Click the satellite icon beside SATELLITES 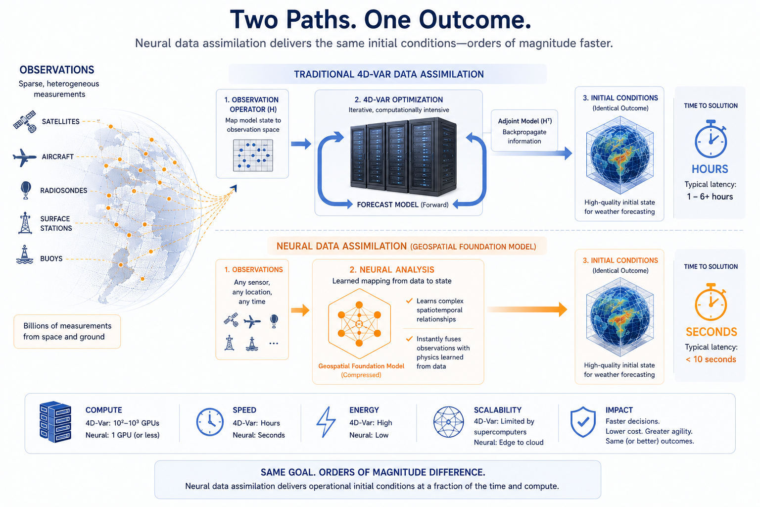point(24,121)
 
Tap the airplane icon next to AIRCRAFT point(24,157)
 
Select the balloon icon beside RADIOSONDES point(26,190)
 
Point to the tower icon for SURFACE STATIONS point(25,223)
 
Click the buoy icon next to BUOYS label point(25,254)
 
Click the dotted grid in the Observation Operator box point(253,155)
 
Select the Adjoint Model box point(524,131)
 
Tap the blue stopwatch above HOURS point(711,139)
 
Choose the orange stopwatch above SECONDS point(711,302)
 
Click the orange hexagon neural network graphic point(359,324)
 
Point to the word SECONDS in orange point(711,332)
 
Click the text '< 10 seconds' point(711,359)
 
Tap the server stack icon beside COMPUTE point(55,422)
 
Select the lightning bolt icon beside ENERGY point(326,422)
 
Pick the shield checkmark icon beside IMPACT point(583,422)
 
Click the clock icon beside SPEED point(210,422)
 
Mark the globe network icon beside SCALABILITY point(449,422)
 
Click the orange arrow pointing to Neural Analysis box point(300,310)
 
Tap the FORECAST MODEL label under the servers point(403,205)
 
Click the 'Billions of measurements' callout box point(67,331)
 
